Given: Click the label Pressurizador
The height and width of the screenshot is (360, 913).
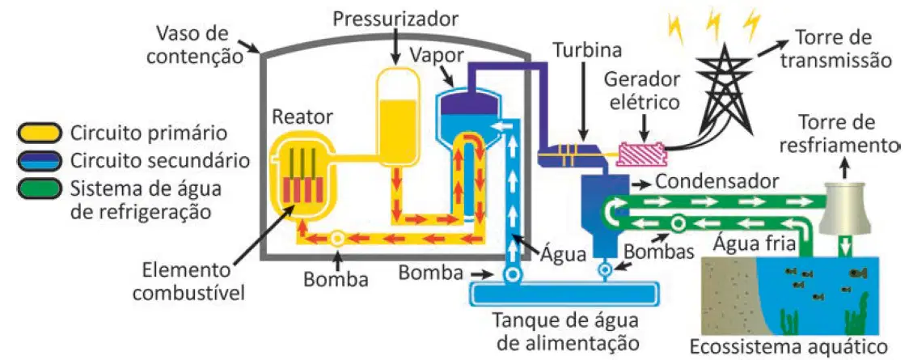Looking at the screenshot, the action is tap(396, 19).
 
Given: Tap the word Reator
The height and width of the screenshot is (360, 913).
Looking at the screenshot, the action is tap(302, 116).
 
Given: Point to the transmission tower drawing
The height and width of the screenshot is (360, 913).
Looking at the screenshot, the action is tap(724, 93).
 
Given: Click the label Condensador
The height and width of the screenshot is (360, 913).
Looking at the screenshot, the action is tap(716, 181).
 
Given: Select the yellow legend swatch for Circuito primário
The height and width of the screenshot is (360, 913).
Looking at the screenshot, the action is tap(36, 133).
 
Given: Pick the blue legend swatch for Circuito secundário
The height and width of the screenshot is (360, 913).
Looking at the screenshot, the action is tap(36, 161).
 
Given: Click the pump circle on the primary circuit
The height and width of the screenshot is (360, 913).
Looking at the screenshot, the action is tap(337, 238).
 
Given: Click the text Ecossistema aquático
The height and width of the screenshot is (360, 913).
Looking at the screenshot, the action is tap(789, 346).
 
